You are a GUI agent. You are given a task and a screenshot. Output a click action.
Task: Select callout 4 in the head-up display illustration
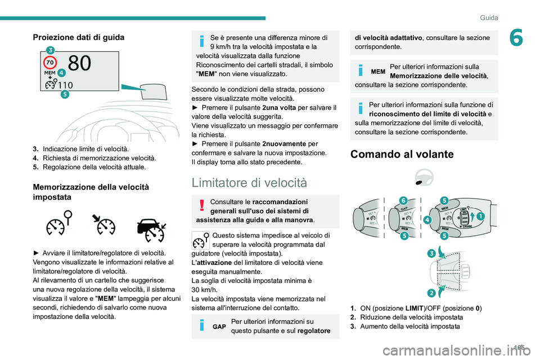click(61, 73)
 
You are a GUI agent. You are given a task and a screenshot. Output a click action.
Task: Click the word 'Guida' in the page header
click(489, 17)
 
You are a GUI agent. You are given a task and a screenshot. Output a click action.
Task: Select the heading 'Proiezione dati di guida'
click(78, 37)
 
